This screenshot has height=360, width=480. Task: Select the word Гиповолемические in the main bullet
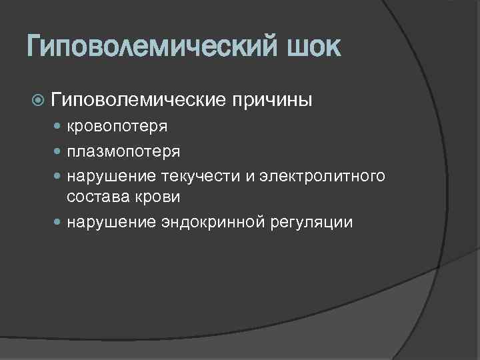click(137, 100)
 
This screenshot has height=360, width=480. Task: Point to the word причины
click(271, 100)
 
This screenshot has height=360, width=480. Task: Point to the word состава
click(92, 197)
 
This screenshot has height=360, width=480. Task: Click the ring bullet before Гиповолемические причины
click(38, 101)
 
